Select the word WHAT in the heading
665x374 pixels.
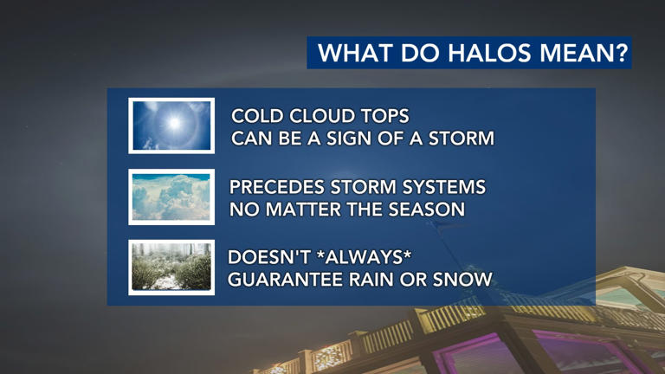click(x=350, y=54)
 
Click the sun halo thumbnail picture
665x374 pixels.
click(x=171, y=126)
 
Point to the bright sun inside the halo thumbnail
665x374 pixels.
click(x=174, y=124)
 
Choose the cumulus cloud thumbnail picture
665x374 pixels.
click(x=171, y=197)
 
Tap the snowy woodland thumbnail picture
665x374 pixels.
click(x=171, y=268)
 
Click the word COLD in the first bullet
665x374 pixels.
click(x=259, y=116)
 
